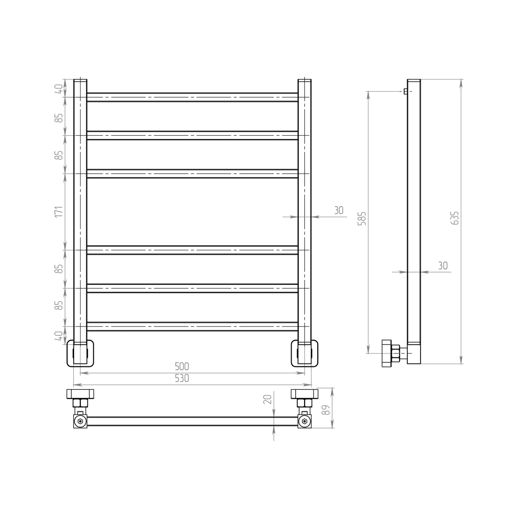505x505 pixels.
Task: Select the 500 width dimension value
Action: pos(182,367)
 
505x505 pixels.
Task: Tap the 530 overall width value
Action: pos(182,378)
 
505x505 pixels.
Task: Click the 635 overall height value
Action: pos(455,218)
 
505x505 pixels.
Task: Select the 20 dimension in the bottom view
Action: pos(267,399)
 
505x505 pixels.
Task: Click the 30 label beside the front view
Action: pos(339,210)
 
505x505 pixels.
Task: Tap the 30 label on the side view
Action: pos(443,266)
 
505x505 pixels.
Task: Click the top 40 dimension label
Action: pos(59,89)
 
